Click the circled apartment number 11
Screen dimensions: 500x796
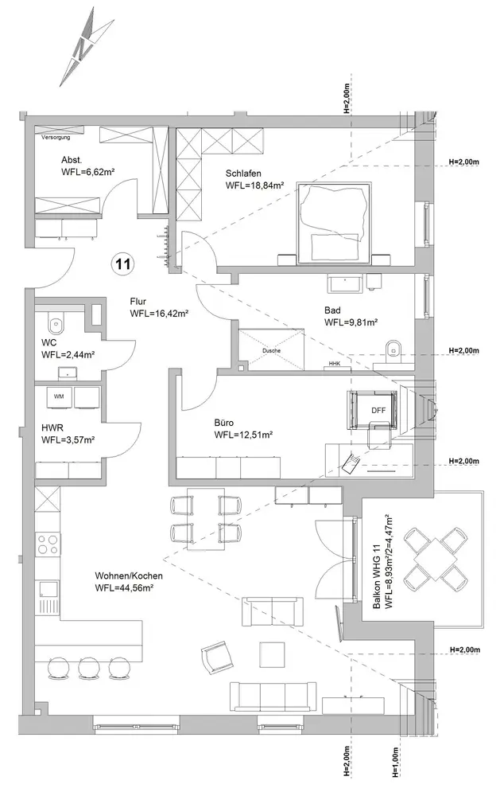click(x=123, y=264)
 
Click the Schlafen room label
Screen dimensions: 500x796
click(x=243, y=174)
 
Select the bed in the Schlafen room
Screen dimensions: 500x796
click(x=332, y=223)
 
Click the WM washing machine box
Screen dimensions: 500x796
click(x=59, y=397)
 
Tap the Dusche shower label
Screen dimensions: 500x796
click(x=271, y=350)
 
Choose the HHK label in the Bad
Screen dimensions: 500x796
click(x=334, y=364)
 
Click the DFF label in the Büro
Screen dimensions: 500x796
click(x=378, y=411)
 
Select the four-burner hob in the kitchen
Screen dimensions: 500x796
click(x=48, y=544)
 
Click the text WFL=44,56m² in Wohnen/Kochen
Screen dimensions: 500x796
click(x=124, y=588)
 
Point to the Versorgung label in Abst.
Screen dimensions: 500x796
click(x=56, y=138)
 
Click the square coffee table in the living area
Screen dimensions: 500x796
click(x=273, y=656)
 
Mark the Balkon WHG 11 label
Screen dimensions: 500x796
click(x=376, y=576)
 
